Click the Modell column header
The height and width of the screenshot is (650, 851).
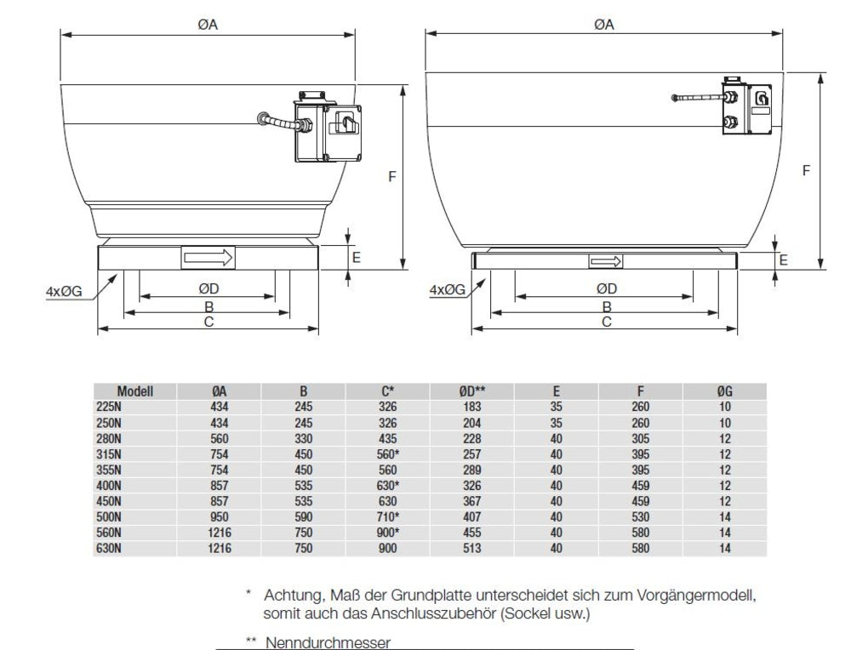[x=135, y=391]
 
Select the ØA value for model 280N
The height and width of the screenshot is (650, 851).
[x=220, y=438]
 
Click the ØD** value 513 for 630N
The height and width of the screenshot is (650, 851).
[x=472, y=549]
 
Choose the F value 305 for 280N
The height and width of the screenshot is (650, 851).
[x=640, y=438]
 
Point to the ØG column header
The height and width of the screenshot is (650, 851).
[x=724, y=391]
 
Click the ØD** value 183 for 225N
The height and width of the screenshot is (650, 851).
[x=472, y=407]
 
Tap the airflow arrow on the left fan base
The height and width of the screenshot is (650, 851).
[x=208, y=256]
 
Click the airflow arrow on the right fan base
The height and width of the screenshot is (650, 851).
[x=606, y=261]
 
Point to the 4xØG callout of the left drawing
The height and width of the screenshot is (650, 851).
[x=64, y=292]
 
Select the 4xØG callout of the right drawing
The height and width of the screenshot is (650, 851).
[x=448, y=290]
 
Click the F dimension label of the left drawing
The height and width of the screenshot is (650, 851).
[x=392, y=176]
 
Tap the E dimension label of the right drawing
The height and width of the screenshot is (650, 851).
[x=783, y=260]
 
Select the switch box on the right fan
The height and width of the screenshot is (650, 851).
[x=746, y=108]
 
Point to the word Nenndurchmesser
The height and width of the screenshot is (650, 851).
[x=328, y=642]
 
